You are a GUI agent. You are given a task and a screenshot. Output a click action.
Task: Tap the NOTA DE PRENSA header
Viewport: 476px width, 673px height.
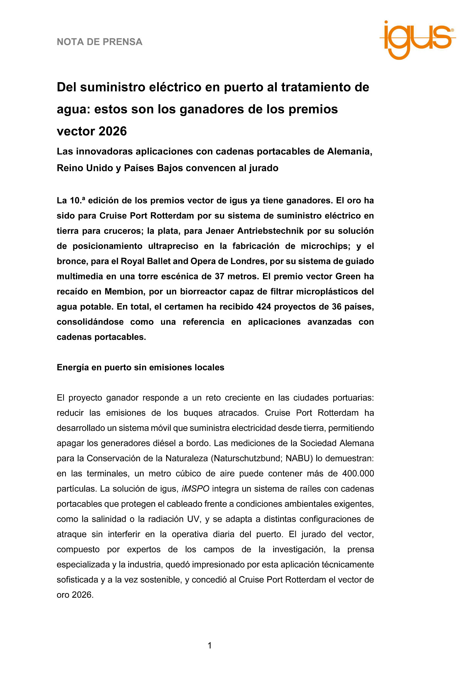pos(100,42)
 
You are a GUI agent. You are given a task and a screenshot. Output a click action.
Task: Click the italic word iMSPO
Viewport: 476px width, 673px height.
pos(195,489)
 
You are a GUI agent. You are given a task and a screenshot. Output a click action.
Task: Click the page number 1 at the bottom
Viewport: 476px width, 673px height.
pos(210,646)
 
